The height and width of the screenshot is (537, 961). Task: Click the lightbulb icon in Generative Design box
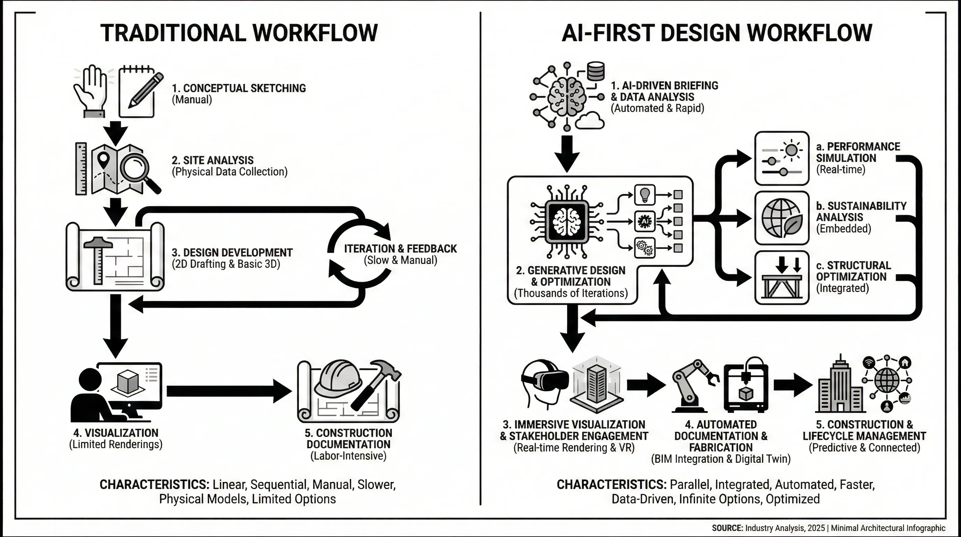(x=645, y=195)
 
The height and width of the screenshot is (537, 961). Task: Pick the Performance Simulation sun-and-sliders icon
(x=782, y=158)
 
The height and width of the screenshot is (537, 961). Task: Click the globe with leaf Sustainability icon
(x=782, y=218)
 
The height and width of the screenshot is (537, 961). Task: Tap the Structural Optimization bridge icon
(x=782, y=278)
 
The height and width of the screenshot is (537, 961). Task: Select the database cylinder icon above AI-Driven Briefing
(x=595, y=71)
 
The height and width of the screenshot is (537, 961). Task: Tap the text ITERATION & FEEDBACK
(x=400, y=249)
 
